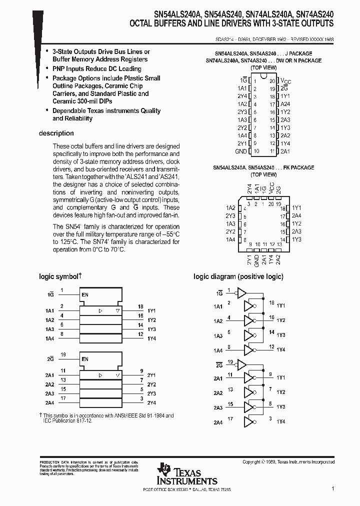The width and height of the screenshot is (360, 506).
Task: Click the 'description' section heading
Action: (56, 133)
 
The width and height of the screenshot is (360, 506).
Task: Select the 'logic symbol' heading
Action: (59, 276)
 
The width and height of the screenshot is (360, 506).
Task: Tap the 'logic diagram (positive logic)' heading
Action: (238, 276)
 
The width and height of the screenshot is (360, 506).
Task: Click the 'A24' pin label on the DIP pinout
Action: (285, 104)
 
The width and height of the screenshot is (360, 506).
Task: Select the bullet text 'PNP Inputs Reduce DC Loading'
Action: (97, 68)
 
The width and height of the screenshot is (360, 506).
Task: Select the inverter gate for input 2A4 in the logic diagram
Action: (248, 422)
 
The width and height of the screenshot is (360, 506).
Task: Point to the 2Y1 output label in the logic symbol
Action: (151, 375)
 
